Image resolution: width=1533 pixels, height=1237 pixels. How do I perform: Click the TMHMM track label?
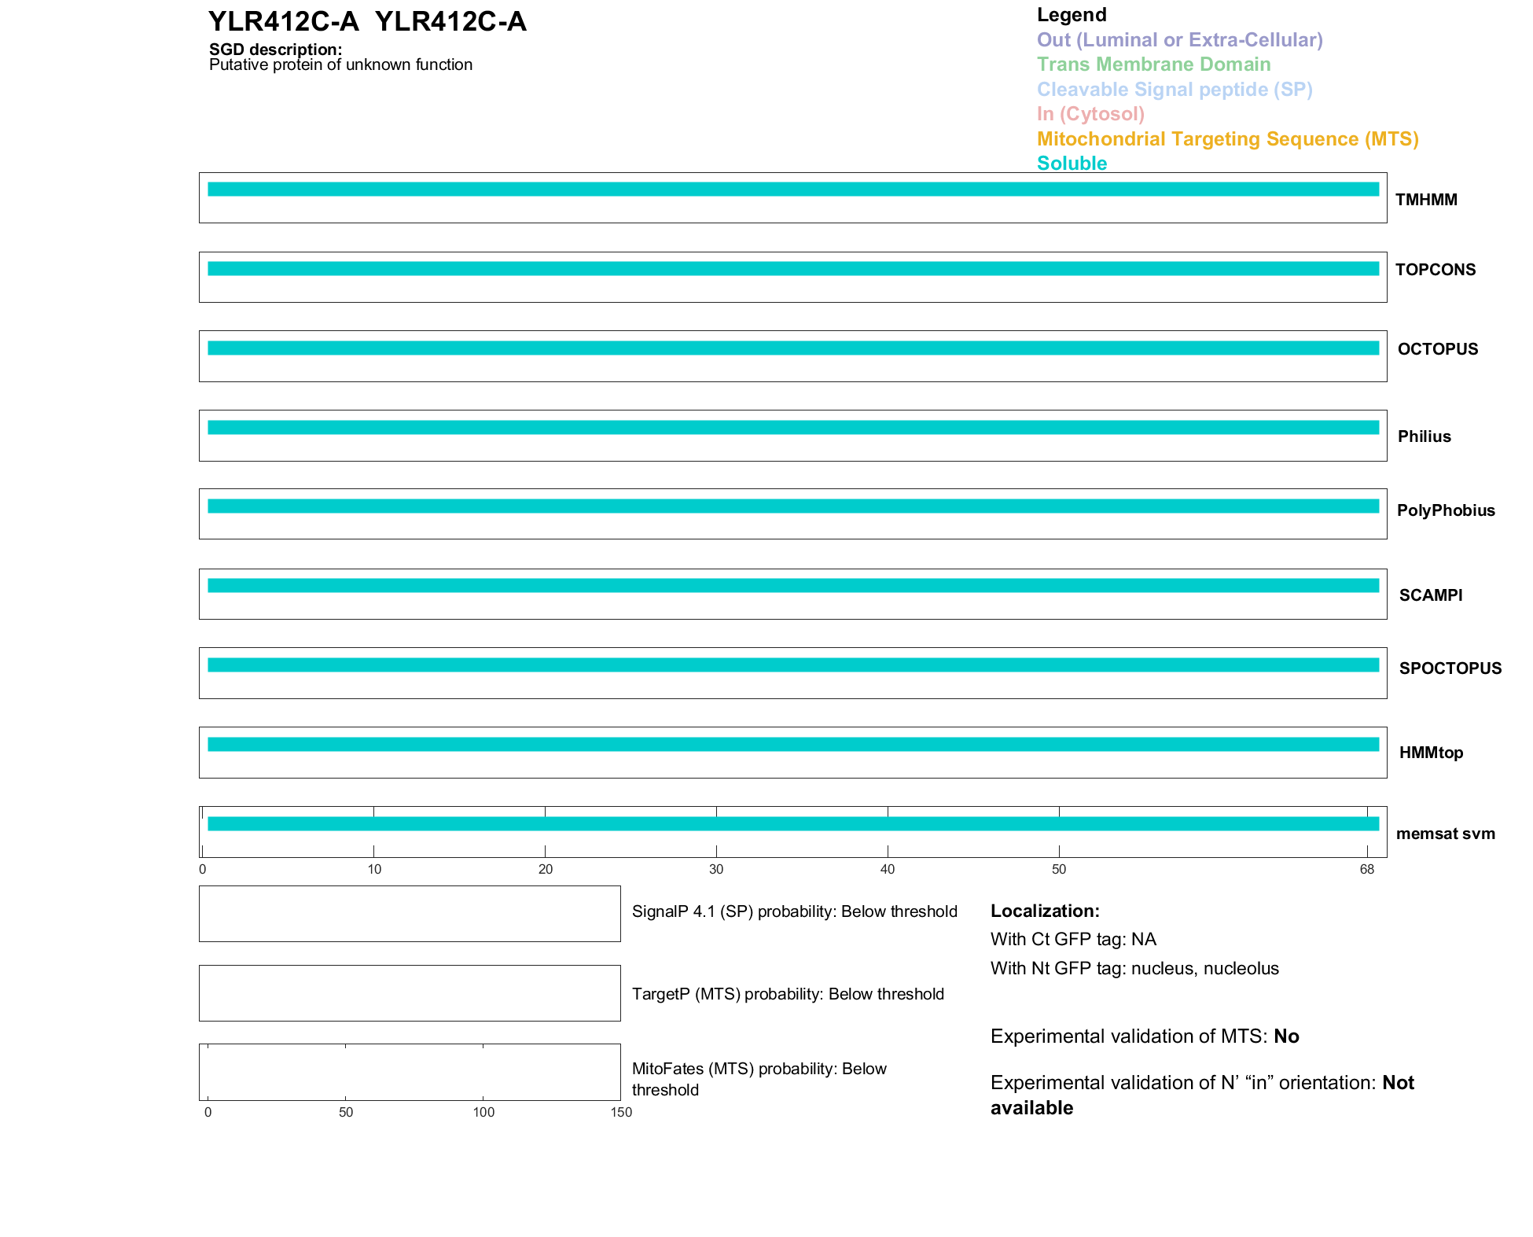(1425, 200)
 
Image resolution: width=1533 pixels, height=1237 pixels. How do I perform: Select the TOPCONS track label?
(1435, 270)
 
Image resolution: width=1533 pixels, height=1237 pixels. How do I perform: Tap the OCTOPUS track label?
(1437, 349)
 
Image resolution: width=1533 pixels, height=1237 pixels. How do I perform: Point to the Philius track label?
(1424, 436)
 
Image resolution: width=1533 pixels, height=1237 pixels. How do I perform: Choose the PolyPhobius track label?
(1445, 510)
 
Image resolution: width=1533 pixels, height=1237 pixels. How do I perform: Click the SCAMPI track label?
(1430, 595)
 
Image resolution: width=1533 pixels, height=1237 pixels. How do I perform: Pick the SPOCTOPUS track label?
(1450, 668)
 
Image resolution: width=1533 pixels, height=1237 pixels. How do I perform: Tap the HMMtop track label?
(1431, 753)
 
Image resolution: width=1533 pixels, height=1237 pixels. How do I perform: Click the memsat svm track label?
(1445, 834)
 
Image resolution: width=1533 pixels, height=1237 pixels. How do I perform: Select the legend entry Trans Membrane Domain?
(1153, 64)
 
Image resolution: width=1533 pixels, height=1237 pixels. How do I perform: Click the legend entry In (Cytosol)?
(1090, 114)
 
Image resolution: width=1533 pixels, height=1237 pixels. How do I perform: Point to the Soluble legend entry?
(1072, 164)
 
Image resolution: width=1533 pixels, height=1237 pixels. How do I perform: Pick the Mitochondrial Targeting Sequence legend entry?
(1227, 139)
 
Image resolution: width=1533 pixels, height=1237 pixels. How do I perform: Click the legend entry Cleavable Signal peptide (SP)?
(1175, 90)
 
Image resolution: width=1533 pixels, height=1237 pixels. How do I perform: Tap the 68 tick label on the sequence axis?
(1366, 869)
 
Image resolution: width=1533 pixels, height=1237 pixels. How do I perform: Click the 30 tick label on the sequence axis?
(716, 869)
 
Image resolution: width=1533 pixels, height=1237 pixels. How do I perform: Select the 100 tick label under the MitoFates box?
(483, 1112)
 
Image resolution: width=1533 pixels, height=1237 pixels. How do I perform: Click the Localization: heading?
(1045, 911)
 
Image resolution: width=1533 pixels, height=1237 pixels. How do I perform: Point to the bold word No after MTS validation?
(1286, 1036)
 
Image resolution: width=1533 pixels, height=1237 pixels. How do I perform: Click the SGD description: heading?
(275, 50)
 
